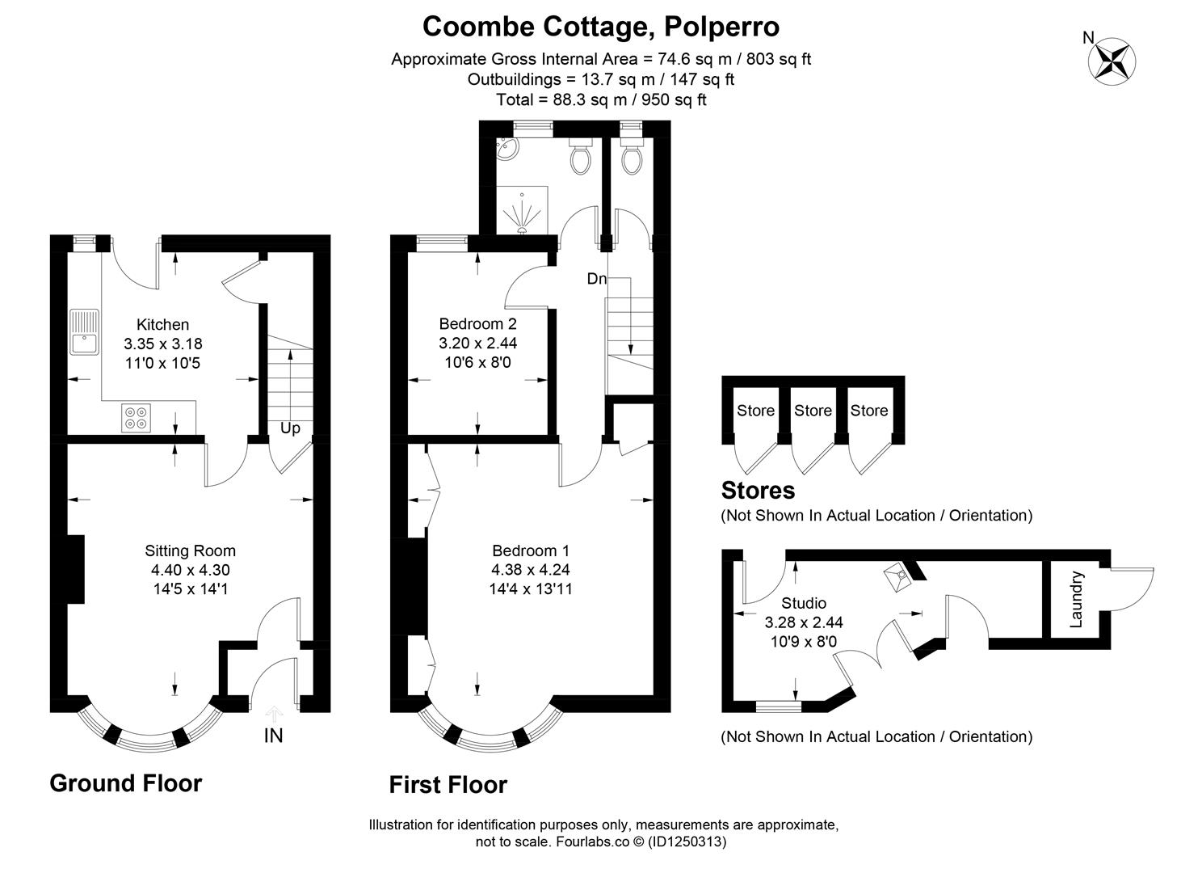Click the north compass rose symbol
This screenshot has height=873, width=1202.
[x=1112, y=60]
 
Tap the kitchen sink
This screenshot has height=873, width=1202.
[x=83, y=332]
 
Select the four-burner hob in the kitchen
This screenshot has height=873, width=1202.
[x=136, y=417]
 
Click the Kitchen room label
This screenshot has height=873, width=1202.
[x=162, y=324]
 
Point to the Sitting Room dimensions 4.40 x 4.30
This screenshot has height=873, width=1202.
[x=190, y=570]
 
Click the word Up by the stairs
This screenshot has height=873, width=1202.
[x=290, y=428]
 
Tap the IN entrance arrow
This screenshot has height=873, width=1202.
[x=274, y=714]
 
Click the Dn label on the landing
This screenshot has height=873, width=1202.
[x=596, y=279]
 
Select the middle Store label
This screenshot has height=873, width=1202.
[x=813, y=411]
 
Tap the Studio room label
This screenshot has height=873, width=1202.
[x=804, y=603]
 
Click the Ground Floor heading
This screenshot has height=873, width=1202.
[x=125, y=782]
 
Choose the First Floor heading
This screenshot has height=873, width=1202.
[x=448, y=785]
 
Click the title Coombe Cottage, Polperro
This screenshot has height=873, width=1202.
[x=601, y=27]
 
